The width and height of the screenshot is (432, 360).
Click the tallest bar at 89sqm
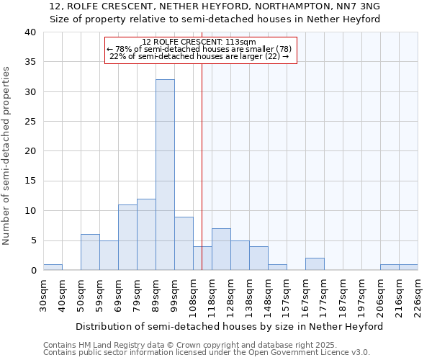click(x=165, y=175)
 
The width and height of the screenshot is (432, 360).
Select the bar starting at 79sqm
click(x=146, y=235)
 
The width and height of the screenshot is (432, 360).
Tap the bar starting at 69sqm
click(x=127, y=238)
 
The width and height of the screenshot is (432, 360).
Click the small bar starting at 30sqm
click(x=53, y=267)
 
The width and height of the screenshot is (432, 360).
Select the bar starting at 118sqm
click(x=221, y=250)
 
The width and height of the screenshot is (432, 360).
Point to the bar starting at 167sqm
click(x=315, y=264)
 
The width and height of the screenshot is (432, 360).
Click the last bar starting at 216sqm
click(x=408, y=267)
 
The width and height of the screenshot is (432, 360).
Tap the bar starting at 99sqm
click(x=184, y=243)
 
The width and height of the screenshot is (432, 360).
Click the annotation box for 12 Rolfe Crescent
click(x=201, y=50)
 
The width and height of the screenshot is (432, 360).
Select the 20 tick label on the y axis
click(x=30, y=151)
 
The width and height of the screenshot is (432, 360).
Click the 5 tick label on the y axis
click(x=32, y=240)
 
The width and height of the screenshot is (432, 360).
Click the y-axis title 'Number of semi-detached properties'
click(x=6, y=155)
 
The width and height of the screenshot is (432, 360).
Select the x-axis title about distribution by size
click(x=230, y=326)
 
